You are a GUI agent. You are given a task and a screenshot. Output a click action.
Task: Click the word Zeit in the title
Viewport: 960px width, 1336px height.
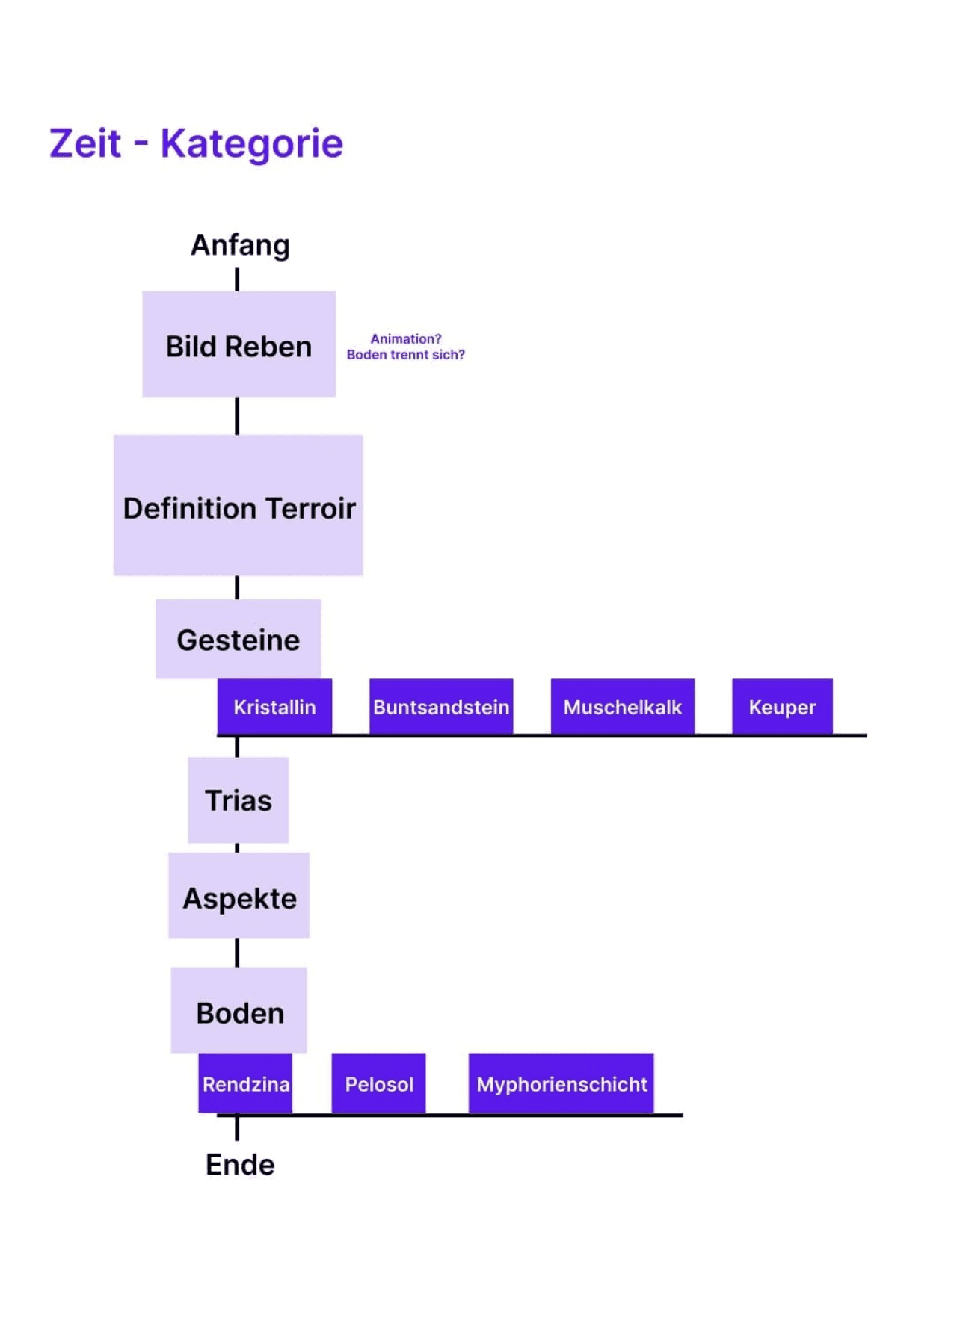(x=85, y=143)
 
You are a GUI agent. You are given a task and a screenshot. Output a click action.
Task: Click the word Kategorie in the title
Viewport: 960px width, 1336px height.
(x=252, y=143)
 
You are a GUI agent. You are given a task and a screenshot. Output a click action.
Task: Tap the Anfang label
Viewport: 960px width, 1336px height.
(x=240, y=245)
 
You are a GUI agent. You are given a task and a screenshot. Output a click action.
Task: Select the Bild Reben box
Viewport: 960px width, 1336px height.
(x=239, y=344)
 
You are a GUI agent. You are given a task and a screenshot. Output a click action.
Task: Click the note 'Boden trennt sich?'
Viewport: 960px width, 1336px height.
(x=405, y=355)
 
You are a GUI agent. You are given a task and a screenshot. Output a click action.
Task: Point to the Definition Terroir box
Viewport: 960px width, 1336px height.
(x=239, y=506)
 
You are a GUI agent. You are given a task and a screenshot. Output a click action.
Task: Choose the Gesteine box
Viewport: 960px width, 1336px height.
(x=239, y=640)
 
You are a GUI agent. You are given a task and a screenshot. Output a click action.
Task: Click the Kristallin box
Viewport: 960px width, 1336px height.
(x=274, y=707)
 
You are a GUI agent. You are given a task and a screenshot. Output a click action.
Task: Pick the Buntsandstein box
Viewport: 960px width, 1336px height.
(x=441, y=707)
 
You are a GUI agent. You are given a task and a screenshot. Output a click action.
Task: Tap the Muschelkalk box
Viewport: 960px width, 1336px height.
(x=623, y=707)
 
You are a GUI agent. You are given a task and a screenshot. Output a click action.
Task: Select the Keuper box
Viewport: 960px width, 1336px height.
(x=782, y=707)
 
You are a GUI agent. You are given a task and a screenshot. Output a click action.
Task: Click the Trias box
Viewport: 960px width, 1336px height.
(x=239, y=800)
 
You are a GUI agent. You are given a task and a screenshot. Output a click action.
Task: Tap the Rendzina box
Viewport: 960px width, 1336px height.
(x=245, y=1083)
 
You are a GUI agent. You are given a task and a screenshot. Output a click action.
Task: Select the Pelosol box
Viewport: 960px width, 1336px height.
(x=379, y=1083)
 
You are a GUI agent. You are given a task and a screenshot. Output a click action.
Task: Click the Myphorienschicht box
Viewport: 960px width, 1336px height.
(x=561, y=1083)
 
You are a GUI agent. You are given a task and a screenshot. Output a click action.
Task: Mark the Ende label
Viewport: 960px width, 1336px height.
(x=240, y=1164)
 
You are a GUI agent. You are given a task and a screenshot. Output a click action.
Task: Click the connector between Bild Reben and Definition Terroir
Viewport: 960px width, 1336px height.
(x=238, y=415)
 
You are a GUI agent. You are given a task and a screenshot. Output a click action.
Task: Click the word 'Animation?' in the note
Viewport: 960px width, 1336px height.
(x=406, y=338)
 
